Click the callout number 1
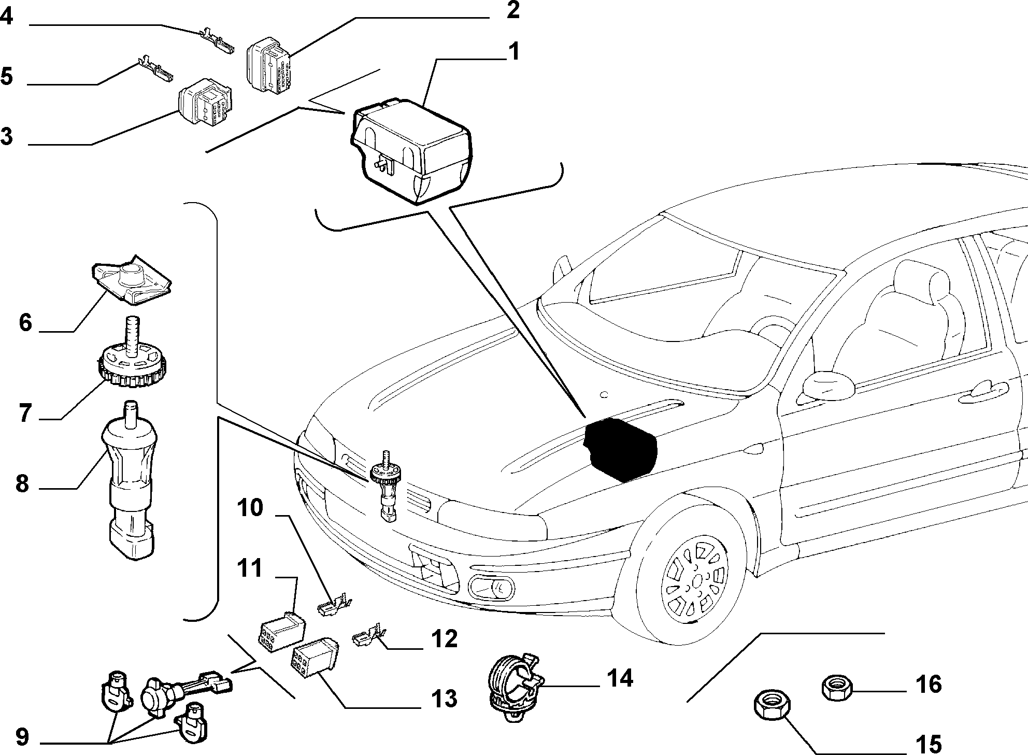pos(513,52)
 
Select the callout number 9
pos(22,736)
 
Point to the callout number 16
pos(928,684)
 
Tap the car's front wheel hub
pos(697,580)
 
